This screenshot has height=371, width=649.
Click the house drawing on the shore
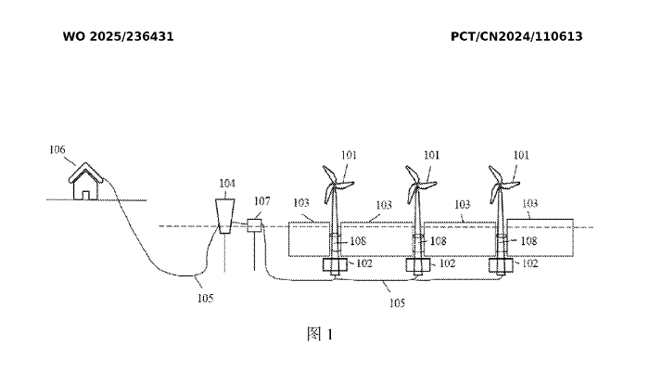[x=86, y=182]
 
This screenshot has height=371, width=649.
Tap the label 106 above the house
[x=57, y=148]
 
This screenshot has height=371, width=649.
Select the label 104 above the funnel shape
[x=227, y=183]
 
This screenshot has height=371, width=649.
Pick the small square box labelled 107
[x=256, y=224]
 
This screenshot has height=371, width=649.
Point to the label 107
[x=262, y=201]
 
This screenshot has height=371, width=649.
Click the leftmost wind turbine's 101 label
[x=349, y=156]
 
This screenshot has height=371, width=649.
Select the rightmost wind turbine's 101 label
[x=522, y=156]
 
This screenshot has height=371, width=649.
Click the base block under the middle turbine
[x=417, y=265]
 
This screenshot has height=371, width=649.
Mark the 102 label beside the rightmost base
[x=528, y=263]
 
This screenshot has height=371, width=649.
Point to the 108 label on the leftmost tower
[x=358, y=240]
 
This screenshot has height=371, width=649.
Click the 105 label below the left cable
[x=205, y=298]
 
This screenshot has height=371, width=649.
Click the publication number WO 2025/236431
[x=118, y=36]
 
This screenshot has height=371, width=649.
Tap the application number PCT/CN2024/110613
[x=516, y=36]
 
